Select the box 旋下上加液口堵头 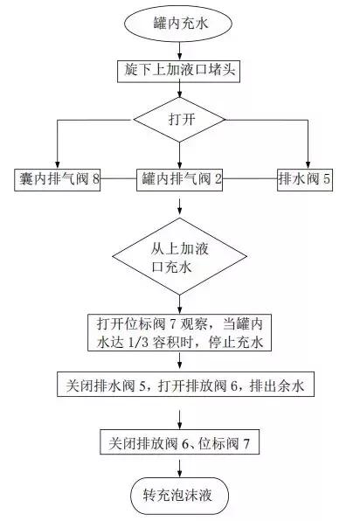180,69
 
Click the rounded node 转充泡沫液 180,495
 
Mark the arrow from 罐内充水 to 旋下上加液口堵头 180,49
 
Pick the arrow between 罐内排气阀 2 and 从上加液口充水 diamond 180,207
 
